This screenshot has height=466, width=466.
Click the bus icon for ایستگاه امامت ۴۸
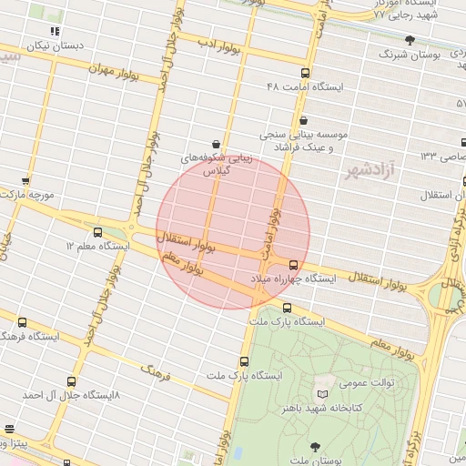[304, 74]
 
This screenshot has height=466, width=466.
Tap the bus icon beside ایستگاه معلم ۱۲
[97, 232]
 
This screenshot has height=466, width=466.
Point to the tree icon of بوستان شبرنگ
[410, 39]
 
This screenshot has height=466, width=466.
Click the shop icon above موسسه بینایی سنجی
[303, 120]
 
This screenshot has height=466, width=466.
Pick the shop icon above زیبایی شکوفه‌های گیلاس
[216, 144]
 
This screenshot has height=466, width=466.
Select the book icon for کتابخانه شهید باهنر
[320, 393]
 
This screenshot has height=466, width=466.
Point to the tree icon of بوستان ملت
[315, 446]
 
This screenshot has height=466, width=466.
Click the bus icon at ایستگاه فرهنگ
[22, 322]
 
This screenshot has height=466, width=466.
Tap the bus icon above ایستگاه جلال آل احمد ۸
[72, 381]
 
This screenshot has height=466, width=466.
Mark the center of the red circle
[233, 232]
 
